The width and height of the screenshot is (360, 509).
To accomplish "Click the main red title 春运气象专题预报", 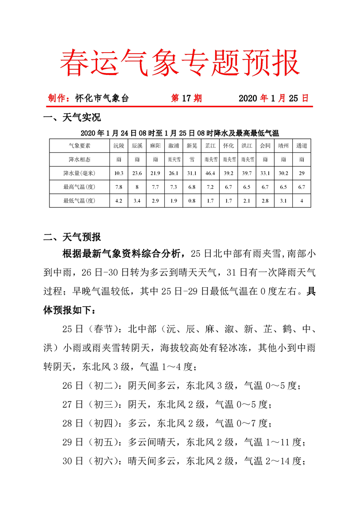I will (180, 63).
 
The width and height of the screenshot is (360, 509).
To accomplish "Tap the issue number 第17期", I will (186, 98).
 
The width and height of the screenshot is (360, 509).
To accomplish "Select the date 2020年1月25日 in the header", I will (273, 98).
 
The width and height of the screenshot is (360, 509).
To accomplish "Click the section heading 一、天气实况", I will (71, 118).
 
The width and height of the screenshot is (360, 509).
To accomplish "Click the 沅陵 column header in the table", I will (119, 146).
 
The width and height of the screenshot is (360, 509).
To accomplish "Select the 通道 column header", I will (301, 146).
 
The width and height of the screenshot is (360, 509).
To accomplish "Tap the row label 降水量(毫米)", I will (79, 173).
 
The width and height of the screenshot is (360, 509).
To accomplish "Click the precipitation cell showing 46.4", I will (210, 173).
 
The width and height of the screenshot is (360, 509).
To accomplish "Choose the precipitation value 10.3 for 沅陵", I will (119, 173).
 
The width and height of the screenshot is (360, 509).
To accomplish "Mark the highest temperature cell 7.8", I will (119, 186).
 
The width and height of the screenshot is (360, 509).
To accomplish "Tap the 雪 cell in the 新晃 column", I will (192, 160).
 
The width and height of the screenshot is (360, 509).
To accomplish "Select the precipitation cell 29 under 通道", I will (301, 173).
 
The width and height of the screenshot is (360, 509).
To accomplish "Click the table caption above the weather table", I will (180, 133).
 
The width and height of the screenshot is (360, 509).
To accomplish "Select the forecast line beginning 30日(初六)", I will (182, 461).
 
